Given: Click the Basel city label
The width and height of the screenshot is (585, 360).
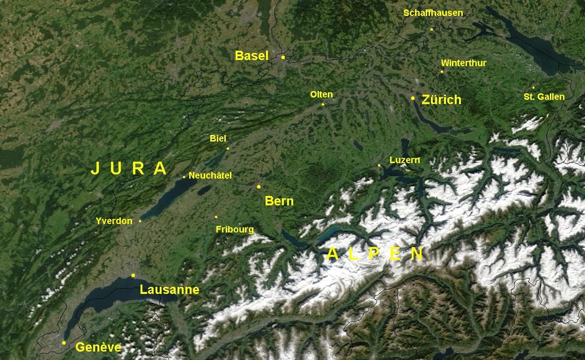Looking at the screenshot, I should tap(252, 56).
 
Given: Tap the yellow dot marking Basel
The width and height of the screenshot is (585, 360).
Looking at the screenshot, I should tap(283, 57).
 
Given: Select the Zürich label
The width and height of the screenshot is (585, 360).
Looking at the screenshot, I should tap(441, 99).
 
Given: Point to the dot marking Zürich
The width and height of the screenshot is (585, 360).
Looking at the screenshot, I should tap(413, 98).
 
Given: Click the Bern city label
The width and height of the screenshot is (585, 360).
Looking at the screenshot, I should tap(279, 201).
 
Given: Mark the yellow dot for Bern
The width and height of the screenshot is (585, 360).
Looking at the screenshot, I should tap(259, 187).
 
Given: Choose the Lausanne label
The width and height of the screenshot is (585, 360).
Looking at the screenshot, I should tap(170, 290).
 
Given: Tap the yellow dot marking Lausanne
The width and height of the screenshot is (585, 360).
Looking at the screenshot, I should tap(133, 275).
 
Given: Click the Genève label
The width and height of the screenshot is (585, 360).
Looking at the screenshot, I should tap(98, 347).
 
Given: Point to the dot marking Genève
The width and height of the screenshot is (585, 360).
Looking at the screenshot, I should tap(64, 343).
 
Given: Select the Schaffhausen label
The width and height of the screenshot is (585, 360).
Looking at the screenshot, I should tap(433, 13).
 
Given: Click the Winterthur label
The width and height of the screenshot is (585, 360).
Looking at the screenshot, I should tap(464, 63).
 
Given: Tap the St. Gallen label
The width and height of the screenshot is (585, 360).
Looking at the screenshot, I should tap(544, 97).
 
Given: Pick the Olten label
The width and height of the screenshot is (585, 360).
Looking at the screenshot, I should tap(321, 94).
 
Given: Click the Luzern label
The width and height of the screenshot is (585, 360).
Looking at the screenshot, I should tap(405, 160).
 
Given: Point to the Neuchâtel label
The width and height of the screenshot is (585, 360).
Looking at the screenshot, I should tap(210, 175).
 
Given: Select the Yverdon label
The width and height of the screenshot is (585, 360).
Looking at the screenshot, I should tap(114, 221).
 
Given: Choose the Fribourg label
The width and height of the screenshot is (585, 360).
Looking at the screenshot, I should tap(235, 229).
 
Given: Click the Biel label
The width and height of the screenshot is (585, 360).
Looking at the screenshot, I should tap(218, 138).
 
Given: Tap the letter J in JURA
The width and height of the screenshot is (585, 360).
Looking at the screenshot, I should tap(95, 168).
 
